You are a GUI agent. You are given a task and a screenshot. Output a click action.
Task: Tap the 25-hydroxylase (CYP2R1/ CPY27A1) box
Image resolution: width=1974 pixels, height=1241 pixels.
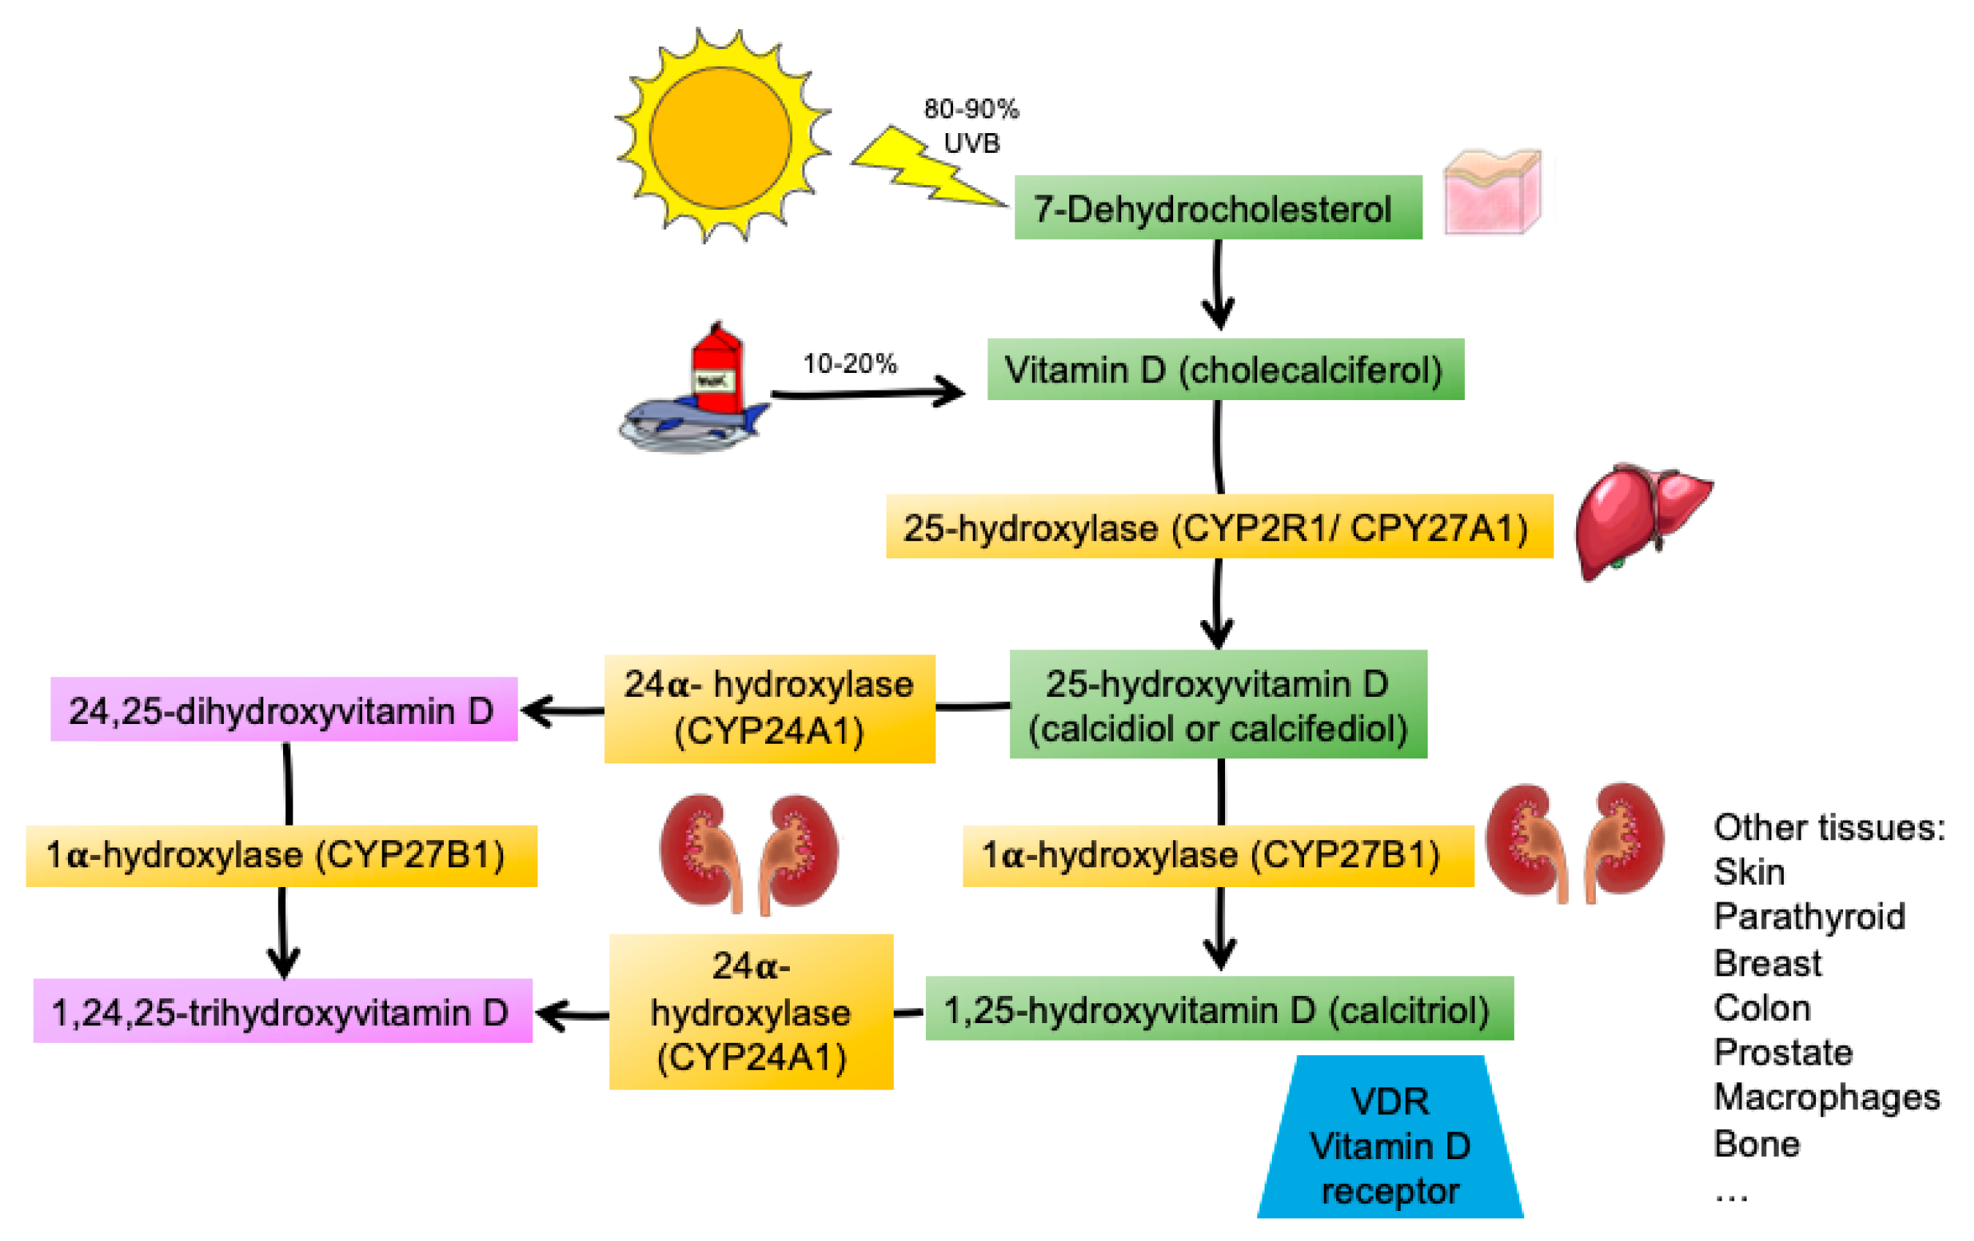pyautogui.click(x=1219, y=527)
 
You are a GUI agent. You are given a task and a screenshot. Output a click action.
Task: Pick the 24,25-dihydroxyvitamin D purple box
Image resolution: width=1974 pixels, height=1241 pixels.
pyautogui.click(x=284, y=710)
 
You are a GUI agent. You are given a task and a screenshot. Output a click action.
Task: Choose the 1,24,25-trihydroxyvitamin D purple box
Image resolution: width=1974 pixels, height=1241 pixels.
pyautogui.click(x=282, y=1011)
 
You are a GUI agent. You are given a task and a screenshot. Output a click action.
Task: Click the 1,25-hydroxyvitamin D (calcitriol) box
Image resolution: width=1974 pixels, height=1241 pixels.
pyautogui.click(x=1218, y=1008)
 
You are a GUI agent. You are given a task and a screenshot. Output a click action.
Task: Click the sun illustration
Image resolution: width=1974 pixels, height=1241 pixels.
pyautogui.click(x=720, y=137)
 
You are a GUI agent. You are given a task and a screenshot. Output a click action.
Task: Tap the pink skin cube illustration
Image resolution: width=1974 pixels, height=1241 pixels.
pyautogui.click(x=1492, y=192)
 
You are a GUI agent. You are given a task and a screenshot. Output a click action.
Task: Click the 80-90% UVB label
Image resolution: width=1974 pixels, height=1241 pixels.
pyautogui.click(x=971, y=125)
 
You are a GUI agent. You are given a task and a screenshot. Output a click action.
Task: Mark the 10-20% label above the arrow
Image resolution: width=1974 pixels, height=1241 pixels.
pyautogui.click(x=850, y=363)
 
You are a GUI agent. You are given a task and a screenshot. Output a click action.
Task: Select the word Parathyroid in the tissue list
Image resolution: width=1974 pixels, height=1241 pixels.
pyautogui.click(x=1809, y=916)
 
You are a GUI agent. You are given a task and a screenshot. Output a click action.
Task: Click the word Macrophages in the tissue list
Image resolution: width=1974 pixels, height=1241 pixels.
pyautogui.click(x=1826, y=1097)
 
